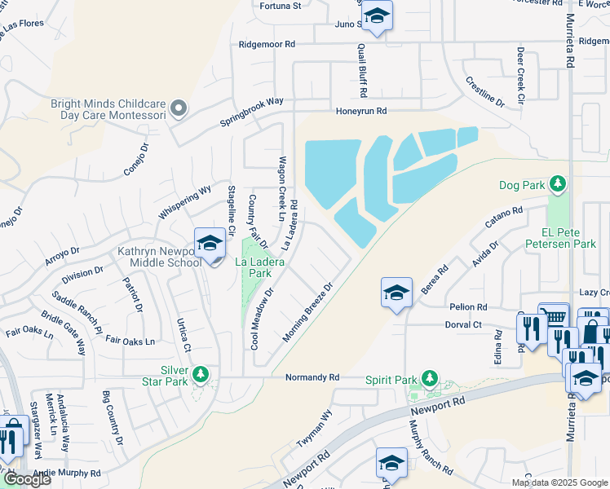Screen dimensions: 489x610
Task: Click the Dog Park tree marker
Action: point(558,184)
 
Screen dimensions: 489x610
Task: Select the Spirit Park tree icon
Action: point(427,379)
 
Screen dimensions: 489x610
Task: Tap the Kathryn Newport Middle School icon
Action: point(210,244)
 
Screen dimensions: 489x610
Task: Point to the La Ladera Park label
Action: point(253,267)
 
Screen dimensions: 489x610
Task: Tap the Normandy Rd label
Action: point(312,377)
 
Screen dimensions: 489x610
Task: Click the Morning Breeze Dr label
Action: point(309,312)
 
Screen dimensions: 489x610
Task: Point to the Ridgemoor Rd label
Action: point(266,43)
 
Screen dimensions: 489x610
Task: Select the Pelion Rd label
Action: point(468,307)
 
